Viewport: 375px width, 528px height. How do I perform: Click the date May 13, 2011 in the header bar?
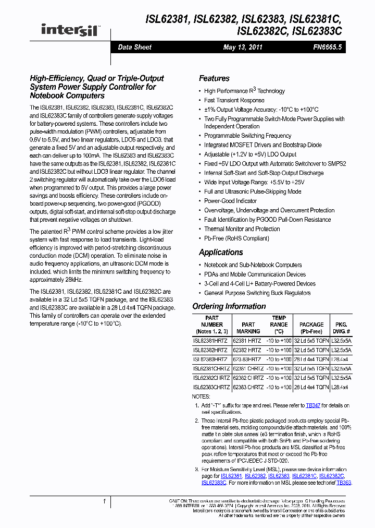(x=243, y=47)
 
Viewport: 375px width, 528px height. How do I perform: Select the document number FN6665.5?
(x=327, y=47)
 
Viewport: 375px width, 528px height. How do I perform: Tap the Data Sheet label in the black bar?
(x=134, y=47)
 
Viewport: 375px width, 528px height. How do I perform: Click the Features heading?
(x=214, y=78)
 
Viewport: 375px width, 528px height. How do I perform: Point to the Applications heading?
(x=221, y=252)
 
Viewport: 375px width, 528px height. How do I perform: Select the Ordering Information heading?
(x=229, y=306)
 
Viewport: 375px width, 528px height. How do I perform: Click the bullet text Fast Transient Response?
(x=234, y=100)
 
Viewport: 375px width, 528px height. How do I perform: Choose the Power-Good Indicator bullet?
(x=230, y=201)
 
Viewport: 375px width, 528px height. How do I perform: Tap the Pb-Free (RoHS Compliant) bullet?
(x=236, y=238)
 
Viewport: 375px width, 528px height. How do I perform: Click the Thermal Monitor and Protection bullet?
(x=242, y=229)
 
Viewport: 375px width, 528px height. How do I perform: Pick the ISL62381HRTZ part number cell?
(x=210, y=340)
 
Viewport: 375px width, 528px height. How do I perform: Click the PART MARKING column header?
(x=248, y=328)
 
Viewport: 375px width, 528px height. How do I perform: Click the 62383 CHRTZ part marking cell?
(x=248, y=387)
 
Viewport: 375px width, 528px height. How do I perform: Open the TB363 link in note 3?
(x=344, y=483)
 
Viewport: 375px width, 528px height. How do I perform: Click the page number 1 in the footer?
(x=104, y=502)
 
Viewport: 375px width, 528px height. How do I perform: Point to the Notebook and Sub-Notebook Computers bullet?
(x=253, y=265)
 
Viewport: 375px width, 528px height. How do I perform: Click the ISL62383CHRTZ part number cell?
(x=210, y=387)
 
